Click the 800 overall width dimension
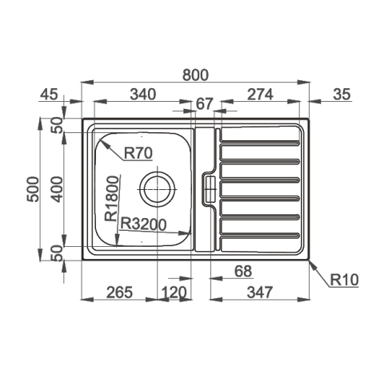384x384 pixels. click(195, 75)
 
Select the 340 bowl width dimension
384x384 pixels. click(143, 95)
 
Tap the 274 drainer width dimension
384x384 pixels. click(260, 95)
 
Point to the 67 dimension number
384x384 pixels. click(205, 103)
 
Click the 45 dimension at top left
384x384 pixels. click(49, 95)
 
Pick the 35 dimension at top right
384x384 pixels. click(342, 95)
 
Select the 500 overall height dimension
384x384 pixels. click(34, 189)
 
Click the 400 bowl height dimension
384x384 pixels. click(57, 189)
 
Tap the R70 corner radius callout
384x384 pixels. click(138, 153)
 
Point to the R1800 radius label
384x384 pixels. click(111, 198)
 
